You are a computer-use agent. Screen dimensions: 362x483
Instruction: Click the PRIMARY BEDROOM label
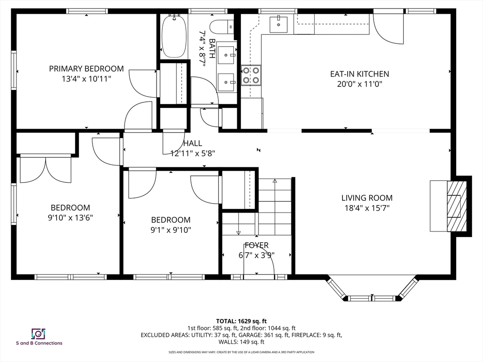click(86, 69)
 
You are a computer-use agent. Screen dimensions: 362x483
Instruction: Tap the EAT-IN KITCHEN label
click(359, 74)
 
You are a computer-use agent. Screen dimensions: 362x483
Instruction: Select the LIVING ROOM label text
click(366, 198)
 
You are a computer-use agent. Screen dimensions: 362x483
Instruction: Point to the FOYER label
click(256, 245)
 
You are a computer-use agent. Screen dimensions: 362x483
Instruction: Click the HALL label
click(192, 143)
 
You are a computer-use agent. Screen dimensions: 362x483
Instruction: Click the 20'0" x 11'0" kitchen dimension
click(359, 84)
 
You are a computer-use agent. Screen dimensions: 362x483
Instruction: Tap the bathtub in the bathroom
click(174, 36)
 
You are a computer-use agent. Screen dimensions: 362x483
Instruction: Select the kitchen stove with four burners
click(251, 75)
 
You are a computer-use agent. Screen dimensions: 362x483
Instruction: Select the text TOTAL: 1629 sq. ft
click(241, 320)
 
